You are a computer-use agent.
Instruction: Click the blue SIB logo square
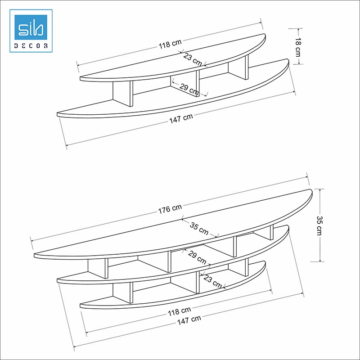coord(31,27)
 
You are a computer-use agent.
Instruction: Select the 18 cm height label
coord(297,46)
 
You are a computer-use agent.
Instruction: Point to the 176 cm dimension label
coord(170,209)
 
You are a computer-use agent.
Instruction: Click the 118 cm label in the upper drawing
coord(170,44)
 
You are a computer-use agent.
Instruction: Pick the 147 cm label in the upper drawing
coord(181,118)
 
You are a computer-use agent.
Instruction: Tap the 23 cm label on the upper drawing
coord(193,59)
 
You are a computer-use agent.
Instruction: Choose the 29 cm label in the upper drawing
coord(189,89)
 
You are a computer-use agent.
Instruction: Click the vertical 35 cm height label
coord(319,225)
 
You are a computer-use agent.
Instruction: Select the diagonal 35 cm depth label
coord(199,229)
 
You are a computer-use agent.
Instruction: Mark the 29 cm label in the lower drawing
coord(197,257)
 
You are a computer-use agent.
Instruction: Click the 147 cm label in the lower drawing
coord(189,319)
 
